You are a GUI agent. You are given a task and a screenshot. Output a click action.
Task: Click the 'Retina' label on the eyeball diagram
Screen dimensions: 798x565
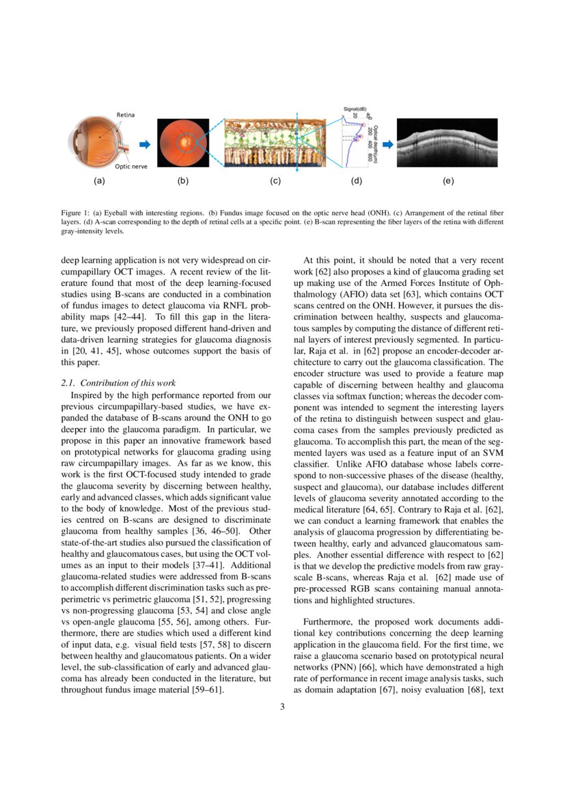(126, 115)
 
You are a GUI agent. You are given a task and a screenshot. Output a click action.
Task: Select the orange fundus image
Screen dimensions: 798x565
(183, 144)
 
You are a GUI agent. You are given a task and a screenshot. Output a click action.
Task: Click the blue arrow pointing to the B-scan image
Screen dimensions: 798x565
(387, 144)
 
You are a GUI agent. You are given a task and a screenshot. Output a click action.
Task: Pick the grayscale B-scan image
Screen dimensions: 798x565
(447, 144)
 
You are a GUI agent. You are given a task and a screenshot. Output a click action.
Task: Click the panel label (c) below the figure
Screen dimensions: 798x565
(275, 182)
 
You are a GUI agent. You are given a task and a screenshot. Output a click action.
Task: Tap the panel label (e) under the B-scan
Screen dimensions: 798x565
(448, 182)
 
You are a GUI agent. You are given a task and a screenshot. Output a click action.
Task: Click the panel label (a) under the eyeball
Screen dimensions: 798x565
(99, 182)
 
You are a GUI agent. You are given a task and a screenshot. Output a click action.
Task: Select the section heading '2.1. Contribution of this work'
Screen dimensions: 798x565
(118, 383)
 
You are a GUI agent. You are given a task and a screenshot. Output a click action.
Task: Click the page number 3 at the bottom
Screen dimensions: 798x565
(282, 707)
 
